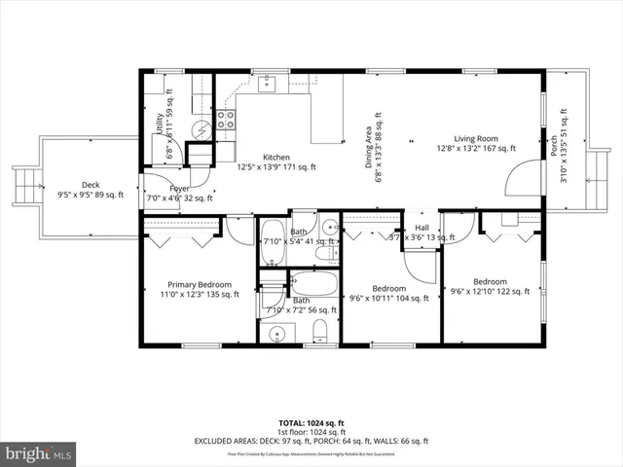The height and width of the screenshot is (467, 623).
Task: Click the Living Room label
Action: [x=475, y=138]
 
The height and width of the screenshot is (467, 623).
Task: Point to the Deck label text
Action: [x=90, y=185]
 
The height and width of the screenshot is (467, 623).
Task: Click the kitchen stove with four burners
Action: [x=225, y=121]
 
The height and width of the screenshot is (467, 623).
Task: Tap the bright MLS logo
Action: [x=39, y=453]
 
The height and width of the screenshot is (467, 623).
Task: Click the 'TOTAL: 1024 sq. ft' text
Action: [x=311, y=422]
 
